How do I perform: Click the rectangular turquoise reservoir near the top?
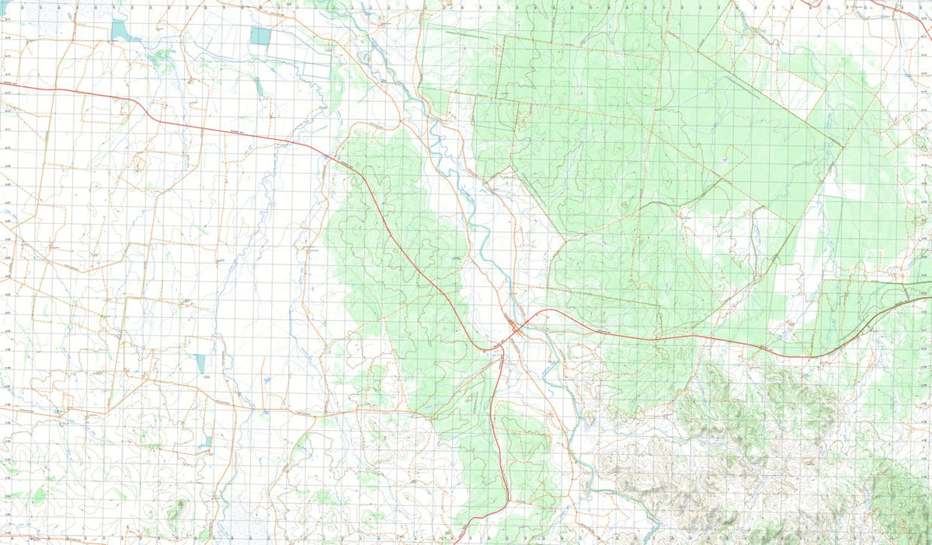[x=261, y=36]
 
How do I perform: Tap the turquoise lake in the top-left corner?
[x=119, y=30]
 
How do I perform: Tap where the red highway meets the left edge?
[x=2, y=82]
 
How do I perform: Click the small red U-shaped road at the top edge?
[x=812, y=4]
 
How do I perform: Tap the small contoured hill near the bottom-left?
[x=180, y=505]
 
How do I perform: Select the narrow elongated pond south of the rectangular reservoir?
[x=258, y=86]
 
